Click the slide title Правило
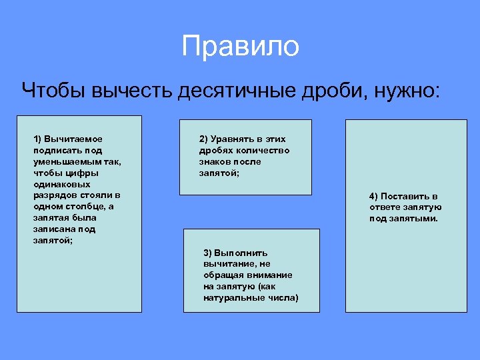click(x=240, y=47)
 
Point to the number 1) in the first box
click(x=38, y=139)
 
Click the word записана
click(x=54, y=229)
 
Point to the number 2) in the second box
click(x=203, y=139)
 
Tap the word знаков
click(x=213, y=161)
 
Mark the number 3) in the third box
click(x=208, y=253)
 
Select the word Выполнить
click(x=241, y=253)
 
